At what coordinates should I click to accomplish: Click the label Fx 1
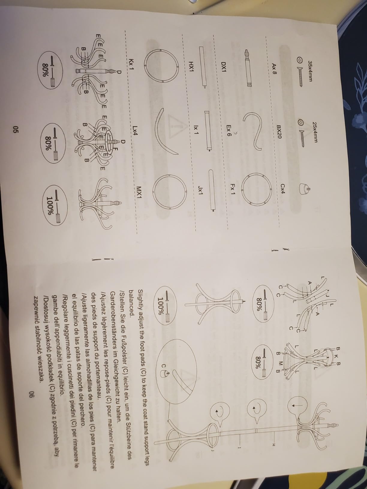click(232, 190)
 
